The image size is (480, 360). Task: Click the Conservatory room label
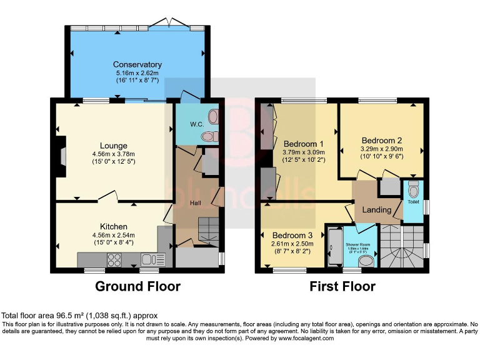point(137,64)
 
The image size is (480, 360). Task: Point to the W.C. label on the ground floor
point(197,124)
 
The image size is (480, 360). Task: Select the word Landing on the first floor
point(377,209)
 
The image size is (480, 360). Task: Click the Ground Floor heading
point(137,287)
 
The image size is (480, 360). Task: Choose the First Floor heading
point(342,287)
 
